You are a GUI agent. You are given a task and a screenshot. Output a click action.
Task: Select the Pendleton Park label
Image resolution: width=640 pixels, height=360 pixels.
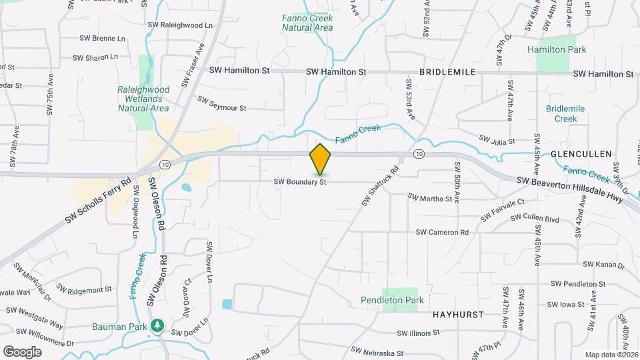[392, 301]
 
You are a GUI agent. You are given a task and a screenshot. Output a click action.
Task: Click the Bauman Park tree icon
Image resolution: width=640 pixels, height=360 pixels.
[157, 325]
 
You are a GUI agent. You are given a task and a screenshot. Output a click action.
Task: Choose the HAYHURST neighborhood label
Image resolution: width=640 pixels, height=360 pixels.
[457, 313]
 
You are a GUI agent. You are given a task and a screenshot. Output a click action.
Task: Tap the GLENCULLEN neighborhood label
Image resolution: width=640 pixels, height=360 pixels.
[581, 154]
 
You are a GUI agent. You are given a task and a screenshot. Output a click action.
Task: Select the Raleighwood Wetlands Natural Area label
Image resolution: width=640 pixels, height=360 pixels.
[143, 98]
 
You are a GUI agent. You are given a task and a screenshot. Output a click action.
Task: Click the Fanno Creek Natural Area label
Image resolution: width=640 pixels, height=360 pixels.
[307, 23]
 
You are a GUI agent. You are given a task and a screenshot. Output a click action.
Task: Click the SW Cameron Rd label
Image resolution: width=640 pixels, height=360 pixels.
[442, 232]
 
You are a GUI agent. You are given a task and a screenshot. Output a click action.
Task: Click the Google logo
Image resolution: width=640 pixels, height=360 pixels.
[22, 351]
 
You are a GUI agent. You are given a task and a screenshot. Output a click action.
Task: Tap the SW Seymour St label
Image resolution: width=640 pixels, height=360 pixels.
[222, 104]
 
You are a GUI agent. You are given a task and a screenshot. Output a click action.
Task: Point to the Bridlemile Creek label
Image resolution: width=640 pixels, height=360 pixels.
[565, 113]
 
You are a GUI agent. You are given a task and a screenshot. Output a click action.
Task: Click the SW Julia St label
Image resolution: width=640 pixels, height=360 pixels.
[497, 140]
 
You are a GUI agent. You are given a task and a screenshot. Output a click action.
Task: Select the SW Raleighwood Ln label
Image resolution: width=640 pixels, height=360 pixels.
[180, 25]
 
